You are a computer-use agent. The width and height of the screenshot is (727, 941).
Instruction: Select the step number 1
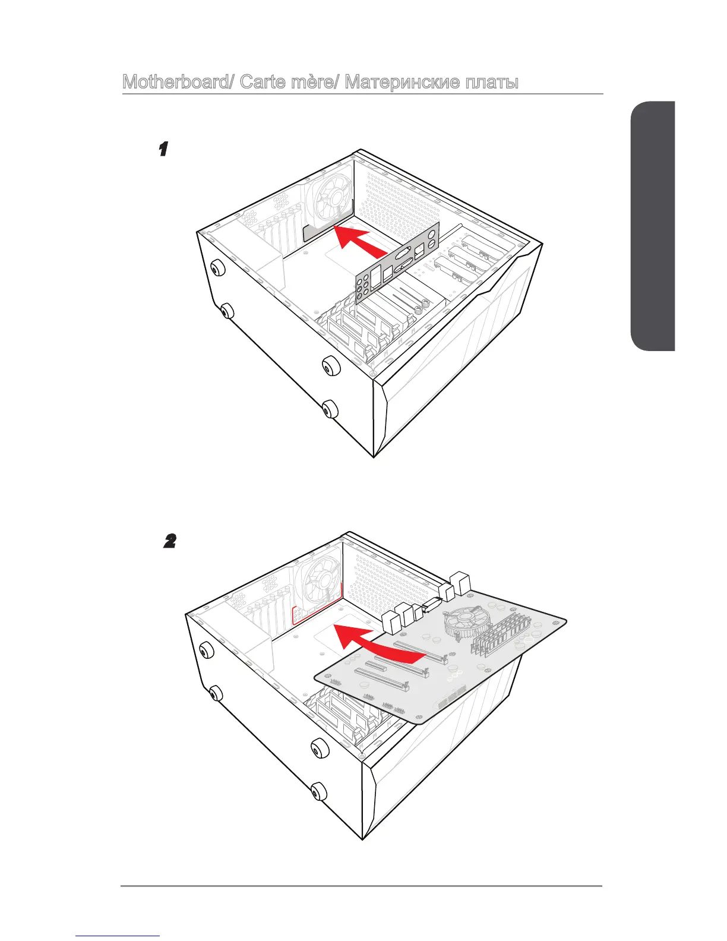point(163,149)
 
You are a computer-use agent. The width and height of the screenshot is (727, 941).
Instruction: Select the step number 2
point(170,541)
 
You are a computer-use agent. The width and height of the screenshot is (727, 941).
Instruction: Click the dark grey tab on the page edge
point(653,226)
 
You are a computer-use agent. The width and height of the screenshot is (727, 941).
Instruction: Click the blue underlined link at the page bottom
point(118,937)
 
